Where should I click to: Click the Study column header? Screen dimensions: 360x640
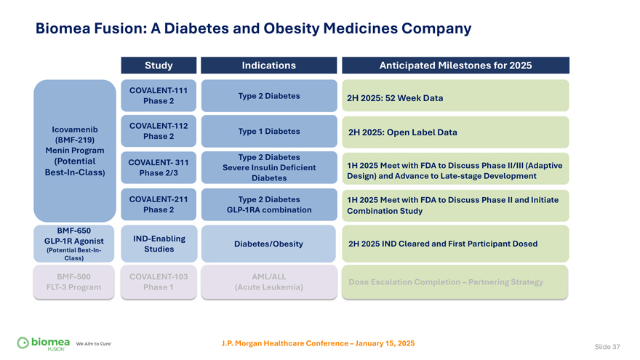click(x=159, y=65)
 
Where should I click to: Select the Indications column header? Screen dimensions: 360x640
click(x=268, y=65)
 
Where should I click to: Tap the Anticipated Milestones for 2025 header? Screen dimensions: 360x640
click(x=455, y=65)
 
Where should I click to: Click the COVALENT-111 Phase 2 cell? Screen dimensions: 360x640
click(x=159, y=95)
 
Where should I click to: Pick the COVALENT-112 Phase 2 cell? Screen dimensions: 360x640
click(x=159, y=131)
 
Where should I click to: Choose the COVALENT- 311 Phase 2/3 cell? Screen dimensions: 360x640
click(x=159, y=167)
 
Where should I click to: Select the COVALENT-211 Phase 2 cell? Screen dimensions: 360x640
click(x=159, y=204)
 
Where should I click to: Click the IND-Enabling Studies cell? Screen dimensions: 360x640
click(x=159, y=244)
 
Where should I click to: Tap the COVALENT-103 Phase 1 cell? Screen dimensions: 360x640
click(x=159, y=281)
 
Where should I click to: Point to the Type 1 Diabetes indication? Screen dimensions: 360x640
click(x=268, y=132)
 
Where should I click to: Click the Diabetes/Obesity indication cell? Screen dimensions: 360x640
click(x=268, y=244)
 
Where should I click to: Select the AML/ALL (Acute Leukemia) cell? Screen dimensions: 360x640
click(x=268, y=281)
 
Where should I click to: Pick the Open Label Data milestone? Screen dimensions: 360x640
click(x=402, y=132)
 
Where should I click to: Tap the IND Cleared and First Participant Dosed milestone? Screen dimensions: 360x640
click(x=443, y=244)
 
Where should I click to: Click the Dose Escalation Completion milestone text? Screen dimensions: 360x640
click(x=446, y=281)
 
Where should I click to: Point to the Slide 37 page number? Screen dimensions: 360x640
click(x=607, y=347)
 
